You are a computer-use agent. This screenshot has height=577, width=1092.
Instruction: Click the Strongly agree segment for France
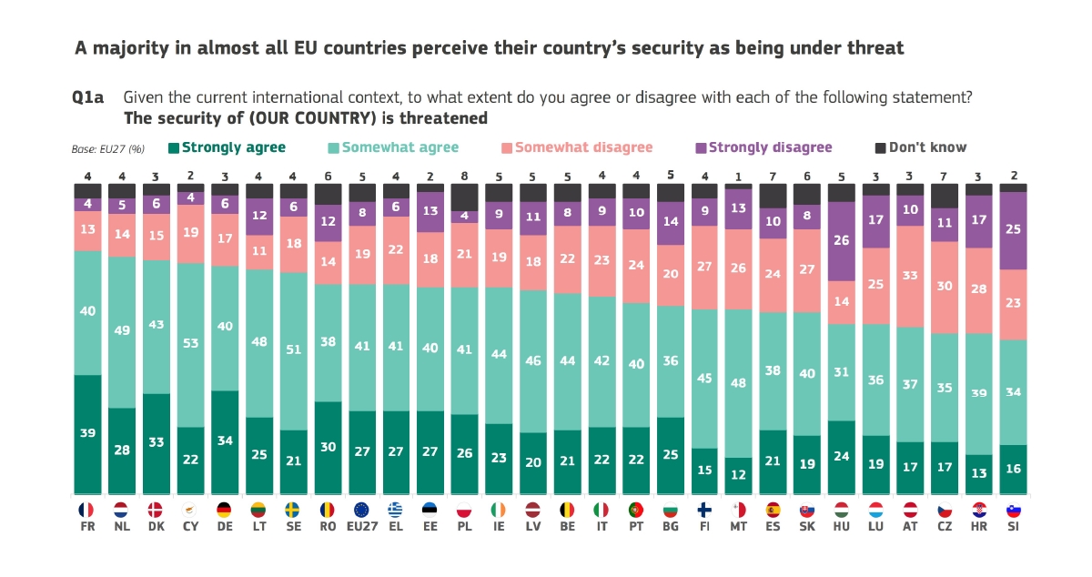click(x=87, y=434)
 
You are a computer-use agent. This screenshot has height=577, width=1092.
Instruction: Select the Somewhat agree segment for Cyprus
click(x=191, y=344)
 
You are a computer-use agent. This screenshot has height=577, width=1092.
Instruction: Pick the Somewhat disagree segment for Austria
click(x=910, y=276)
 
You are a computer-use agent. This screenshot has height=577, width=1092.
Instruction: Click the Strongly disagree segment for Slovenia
click(x=1014, y=230)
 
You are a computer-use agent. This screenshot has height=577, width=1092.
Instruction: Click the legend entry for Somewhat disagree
click(x=582, y=147)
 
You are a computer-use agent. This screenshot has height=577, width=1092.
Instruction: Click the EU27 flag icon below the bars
click(x=362, y=510)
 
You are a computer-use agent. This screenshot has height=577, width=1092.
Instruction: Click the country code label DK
click(x=157, y=526)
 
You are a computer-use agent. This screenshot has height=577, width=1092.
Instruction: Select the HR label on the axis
click(x=979, y=526)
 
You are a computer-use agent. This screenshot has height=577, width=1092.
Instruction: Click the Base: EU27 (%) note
click(x=108, y=149)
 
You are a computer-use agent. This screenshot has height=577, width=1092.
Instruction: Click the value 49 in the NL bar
click(x=122, y=331)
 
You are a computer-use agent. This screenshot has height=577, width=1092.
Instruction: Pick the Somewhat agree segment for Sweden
click(x=295, y=350)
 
